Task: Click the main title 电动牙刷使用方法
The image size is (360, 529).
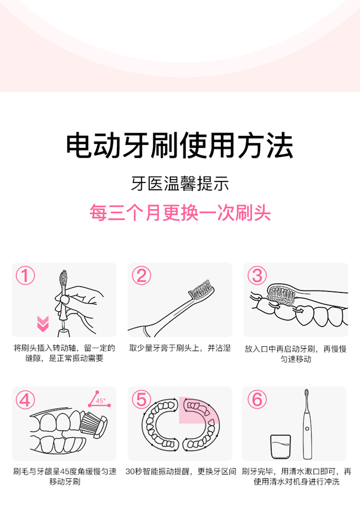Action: (x=180, y=146)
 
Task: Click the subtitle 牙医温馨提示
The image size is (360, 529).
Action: (x=180, y=184)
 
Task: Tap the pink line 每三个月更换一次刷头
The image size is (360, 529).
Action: (x=180, y=213)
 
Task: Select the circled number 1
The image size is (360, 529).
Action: (x=25, y=275)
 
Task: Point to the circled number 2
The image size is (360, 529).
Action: (x=141, y=275)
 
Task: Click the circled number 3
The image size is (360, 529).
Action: (x=257, y=275)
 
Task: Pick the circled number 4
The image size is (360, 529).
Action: (x=25, y=399)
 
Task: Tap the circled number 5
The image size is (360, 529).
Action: (x=141, y=399)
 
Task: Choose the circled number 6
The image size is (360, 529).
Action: (x=257, y=399)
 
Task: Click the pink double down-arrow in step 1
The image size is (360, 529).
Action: (x=43, y=324)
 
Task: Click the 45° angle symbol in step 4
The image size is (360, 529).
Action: (x=99, y=399)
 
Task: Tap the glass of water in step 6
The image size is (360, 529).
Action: (x=280, y=446)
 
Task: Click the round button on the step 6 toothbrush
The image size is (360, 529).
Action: (x=307, y=429)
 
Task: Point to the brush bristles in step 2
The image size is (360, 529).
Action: (x=201, y=290)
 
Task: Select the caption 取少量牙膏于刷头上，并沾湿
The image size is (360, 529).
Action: (x=180, y=348)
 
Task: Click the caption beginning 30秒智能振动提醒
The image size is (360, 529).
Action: (x=180, y=471)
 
